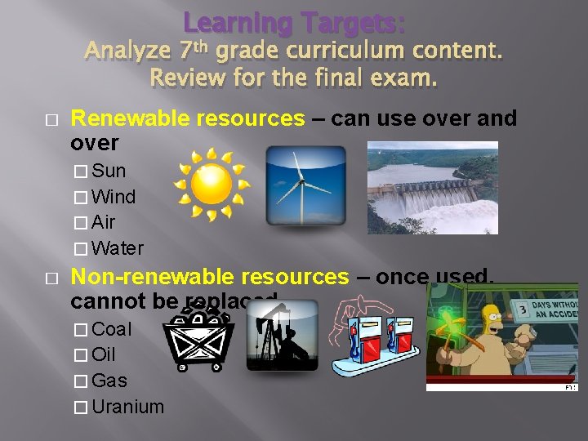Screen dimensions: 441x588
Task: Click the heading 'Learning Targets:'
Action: pyautogui.click(x=293, y=22)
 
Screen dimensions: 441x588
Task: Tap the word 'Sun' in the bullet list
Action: pyautogui.click(x=109, y=171)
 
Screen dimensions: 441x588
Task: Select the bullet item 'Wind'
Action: pyautogui.click(x=114, y=197)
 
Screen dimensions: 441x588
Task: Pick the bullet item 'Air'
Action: pyautogui.click(x=104, y=222)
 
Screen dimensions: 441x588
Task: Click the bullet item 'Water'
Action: pyautogui.click(x=118, y=248)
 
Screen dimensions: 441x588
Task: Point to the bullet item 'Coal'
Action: pyautogui.click(x=111, y=329)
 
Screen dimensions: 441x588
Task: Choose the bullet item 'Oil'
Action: pyautogui.click(x=104, y=355)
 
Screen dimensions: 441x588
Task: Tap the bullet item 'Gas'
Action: pyautogui.click(x=109, y=381)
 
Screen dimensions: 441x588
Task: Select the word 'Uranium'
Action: pyautogui.click(x=127, y=407)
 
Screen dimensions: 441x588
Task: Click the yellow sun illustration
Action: pyautogui.click(x=213, y=185)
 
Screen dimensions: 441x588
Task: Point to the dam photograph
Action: pyautogui.click(x=432, y=188)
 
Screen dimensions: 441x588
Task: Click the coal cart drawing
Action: pyautogui.click(x=198, y=340)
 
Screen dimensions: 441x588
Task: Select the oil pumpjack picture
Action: pyautogui.click(x=282, y=335)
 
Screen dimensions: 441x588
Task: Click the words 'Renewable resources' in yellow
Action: pyautogui.click(x=188, y=118)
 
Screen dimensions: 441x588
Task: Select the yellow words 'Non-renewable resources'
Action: pyautogui.click(x=210, y=278)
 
